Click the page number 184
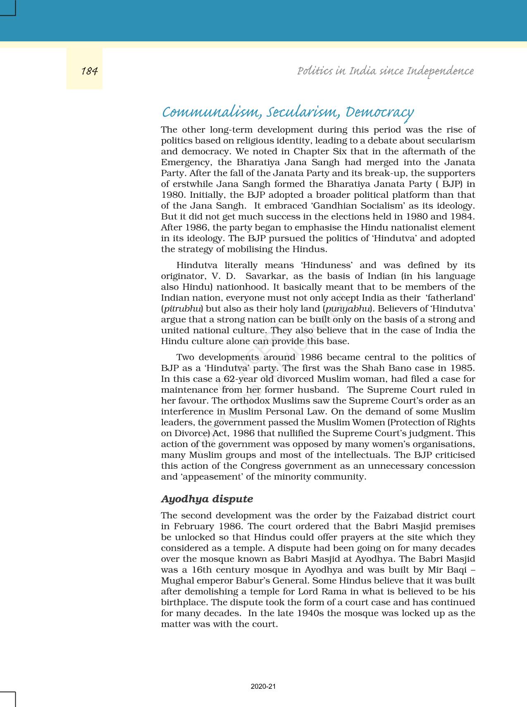point(89,71)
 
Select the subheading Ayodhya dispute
point(207,499)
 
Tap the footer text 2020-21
point(263,686)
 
